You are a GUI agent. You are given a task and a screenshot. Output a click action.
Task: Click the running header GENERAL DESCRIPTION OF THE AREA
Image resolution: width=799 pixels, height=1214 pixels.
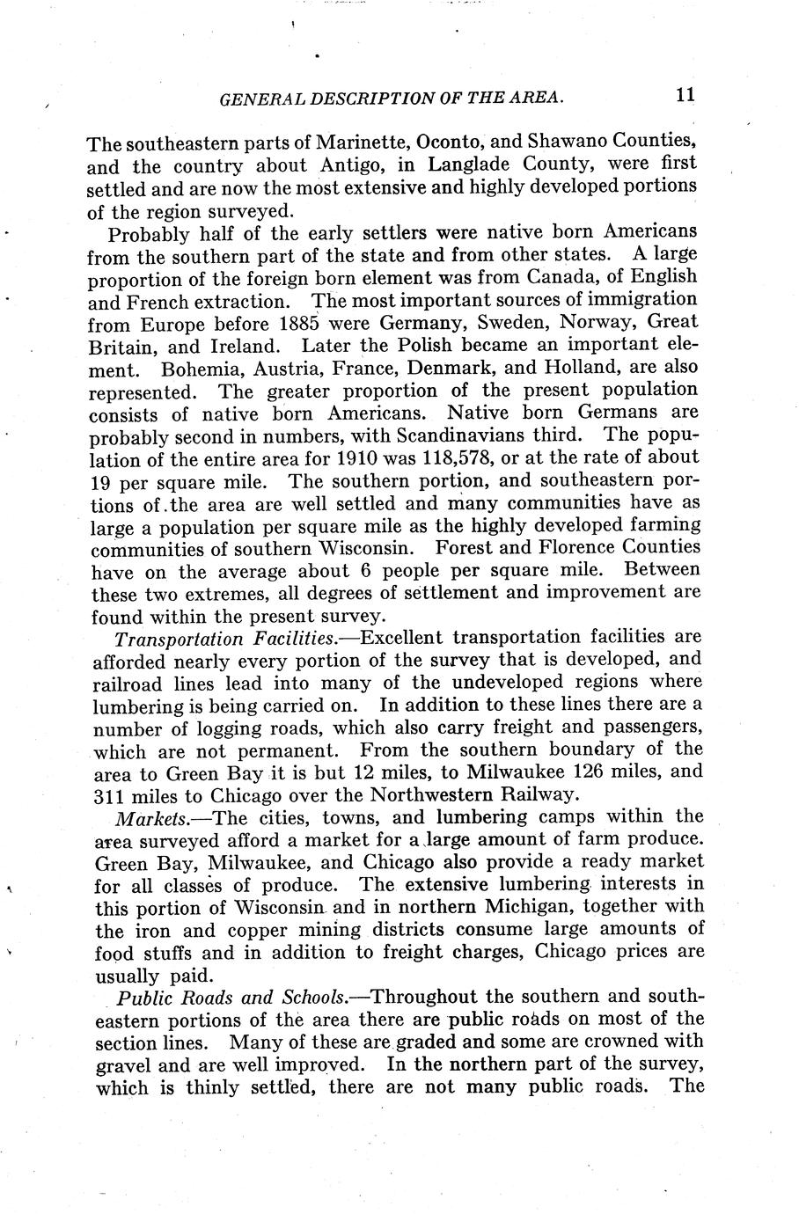click(x=391, y=99)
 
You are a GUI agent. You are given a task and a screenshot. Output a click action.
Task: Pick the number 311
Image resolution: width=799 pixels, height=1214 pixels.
click(x=111, y=795)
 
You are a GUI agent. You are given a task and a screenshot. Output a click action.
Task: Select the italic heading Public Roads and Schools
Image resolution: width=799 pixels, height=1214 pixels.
click(x=231, y=998)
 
